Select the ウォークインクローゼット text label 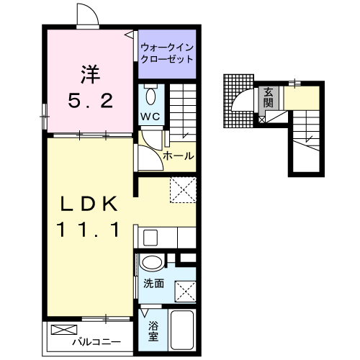click(x=168, y=54)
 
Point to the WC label click(x=150, y=117)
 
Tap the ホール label click(x=176, y=155)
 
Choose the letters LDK click(x=90, y=204)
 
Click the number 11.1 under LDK click(x=90, y=231)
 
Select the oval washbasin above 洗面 click(x=151, y=264)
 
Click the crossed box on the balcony click(x=63, y=330)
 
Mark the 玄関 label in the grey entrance click(x=268, y=98)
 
